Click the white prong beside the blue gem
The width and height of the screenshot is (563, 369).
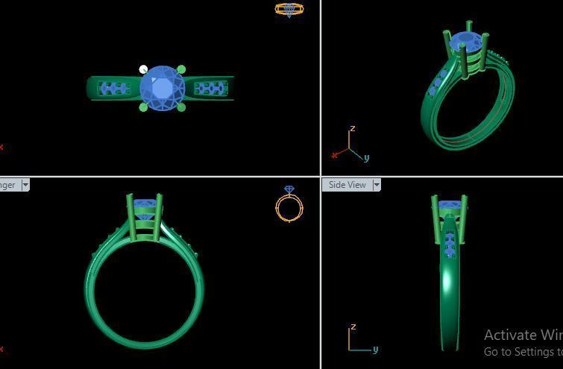click(x=143, y=70)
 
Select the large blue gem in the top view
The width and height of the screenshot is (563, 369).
click(x=162, y=89)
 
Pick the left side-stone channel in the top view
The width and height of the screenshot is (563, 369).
click(x=113, y=89)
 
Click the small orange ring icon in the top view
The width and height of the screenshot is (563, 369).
click(x=289, y=10)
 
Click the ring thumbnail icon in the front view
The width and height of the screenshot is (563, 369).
click(x=289, y=204)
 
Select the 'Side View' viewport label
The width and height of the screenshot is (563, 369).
click(x=347, y=185)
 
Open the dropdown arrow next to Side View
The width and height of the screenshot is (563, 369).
click(x=377, y=185)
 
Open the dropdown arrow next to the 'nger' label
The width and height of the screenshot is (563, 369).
click(x=25, y=185)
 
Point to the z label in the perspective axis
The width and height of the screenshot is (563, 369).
click(x=352, y=129)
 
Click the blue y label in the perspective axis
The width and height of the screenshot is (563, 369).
click(x=366, y=158)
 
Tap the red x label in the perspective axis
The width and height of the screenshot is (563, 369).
click(x=335, y=155)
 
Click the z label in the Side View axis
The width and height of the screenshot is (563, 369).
click(x=353, y=327)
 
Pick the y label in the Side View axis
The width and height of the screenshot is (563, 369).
click(x=375, y=349)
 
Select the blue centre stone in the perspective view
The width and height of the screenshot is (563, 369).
click(x=466, y=42)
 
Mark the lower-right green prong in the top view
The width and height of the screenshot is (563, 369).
click(x=181, y=107)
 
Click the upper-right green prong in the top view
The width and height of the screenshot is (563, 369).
click(x=181, y=70)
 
